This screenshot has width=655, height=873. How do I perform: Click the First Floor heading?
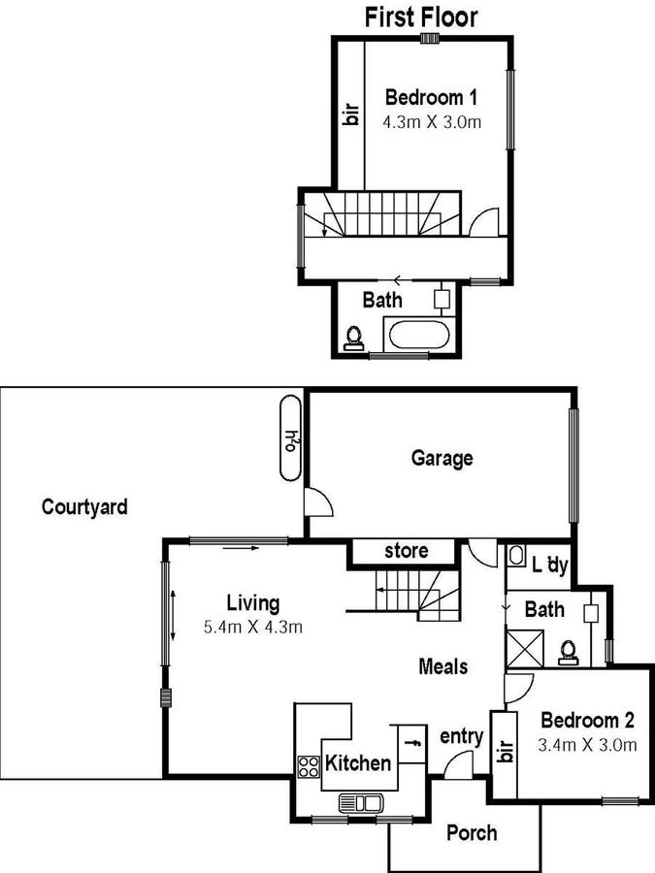pyautogui.click(x=421, y=16)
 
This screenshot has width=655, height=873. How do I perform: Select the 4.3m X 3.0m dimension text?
pyautogui.click(x=433, y=122)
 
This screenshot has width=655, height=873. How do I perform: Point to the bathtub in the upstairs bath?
pyautogui.click(x=417, y=337)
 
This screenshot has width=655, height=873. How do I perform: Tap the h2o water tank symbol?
pyautogui.click(x=290, y=437)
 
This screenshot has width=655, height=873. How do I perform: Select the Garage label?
pyautogui.click(x=442, y=458)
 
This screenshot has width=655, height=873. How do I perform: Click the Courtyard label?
pyautogui.click(x=84, y=506)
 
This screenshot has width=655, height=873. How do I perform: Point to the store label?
pyautogui.click(x=406, y=551)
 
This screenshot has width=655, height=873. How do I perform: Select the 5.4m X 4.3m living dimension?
pyautogui.click(x=252, y=628)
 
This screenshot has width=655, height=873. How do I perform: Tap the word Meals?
pyautogui.click(x=442, y=666)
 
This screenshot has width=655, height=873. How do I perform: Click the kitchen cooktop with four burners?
pyautogui.click(x=309, y=766)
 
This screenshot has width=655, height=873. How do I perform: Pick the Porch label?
pyautogui.click(x=472, y=832)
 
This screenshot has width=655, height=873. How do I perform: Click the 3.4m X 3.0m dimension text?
pyautogui.click(x=587, y=745)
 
